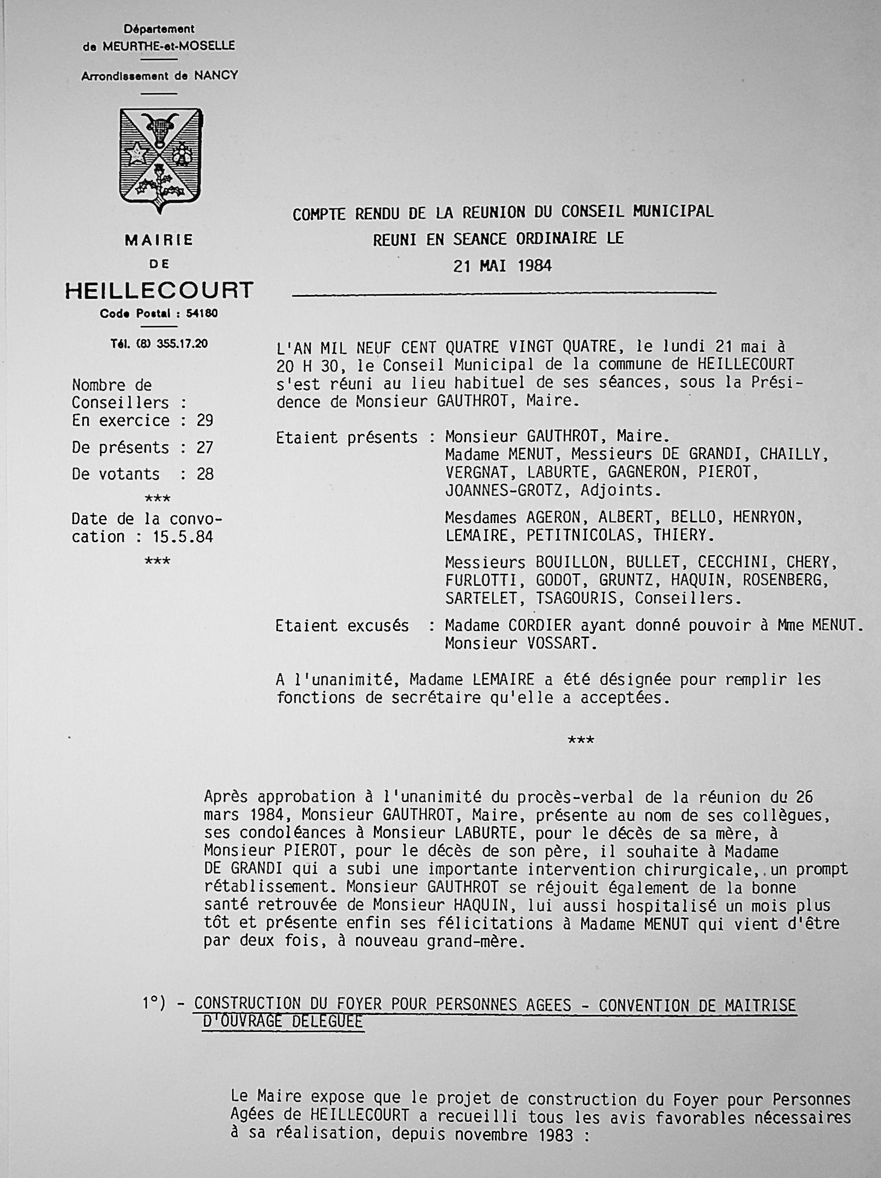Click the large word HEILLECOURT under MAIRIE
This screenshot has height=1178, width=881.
(x=159, y=290)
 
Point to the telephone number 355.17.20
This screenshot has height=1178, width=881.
(x=182, y=344)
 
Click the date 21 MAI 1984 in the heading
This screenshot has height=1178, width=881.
(x=502, y=267)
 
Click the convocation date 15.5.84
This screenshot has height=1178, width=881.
(x=183, y=537)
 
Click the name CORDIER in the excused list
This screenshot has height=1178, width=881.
(x=556, y=625)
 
